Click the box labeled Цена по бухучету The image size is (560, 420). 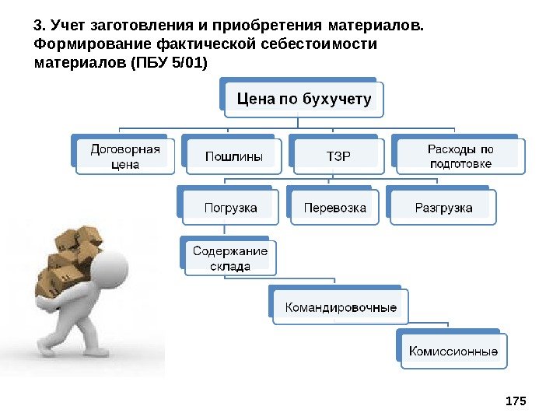point(304,99)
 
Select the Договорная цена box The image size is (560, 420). point(124,156)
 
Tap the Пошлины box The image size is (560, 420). point(233,156)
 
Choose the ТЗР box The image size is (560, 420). point(338,156)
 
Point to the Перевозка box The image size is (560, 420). point(335,208)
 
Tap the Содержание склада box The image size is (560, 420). point(230,258)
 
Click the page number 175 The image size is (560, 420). point(516,401)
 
